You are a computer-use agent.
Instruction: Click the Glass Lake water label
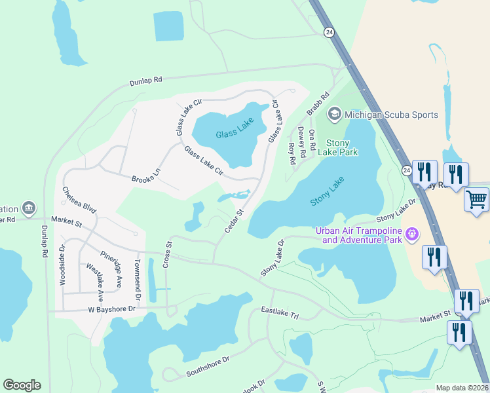pos(235,129)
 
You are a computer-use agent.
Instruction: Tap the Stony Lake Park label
pos(338,147)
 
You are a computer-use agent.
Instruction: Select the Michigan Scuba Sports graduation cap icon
pos(334,115)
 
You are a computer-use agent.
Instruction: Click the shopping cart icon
pos(476,199)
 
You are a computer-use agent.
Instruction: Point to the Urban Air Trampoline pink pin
pos(411,233)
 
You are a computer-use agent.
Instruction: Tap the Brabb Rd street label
pos(317,103)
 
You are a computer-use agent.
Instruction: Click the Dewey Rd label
pos(302,142)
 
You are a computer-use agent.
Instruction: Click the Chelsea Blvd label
pos(79,200)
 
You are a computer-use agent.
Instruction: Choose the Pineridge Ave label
pos(111,269)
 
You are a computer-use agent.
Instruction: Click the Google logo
pos(22,385)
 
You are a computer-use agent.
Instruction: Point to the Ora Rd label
pos(312,139)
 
